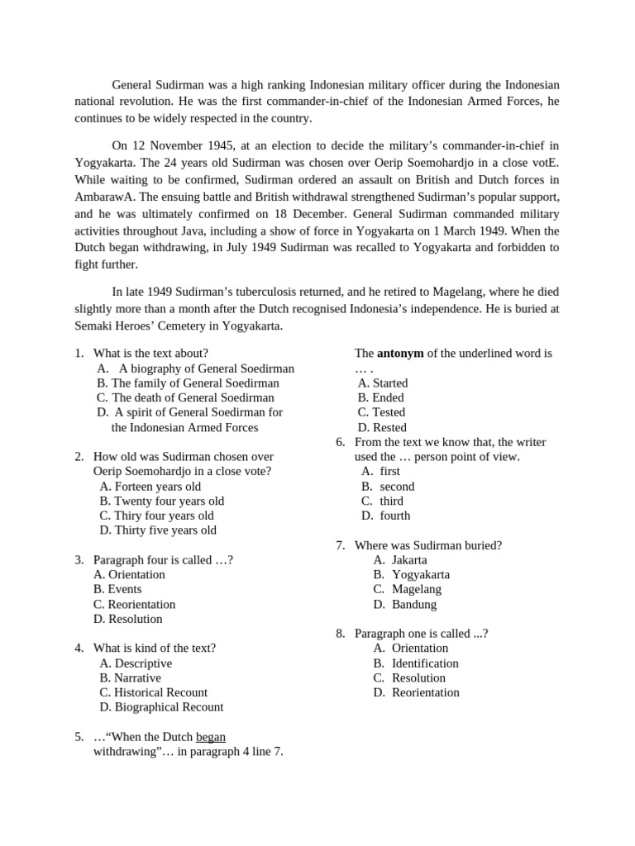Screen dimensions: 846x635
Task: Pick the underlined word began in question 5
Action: click(211, 736)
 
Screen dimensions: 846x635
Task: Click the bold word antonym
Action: click(400, 353)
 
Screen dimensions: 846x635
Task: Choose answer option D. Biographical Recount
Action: click(161, 706)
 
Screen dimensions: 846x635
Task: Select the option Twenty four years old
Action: click(162, 501)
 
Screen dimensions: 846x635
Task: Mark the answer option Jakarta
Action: click(409, 559)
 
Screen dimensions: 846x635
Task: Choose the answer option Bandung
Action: click(413, 604)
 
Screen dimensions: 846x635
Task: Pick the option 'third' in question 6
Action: click(391, 501)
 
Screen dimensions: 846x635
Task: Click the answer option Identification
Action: click(425, 663)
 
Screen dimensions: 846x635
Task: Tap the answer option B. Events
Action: click(117, 589)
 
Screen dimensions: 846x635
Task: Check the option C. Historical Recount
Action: click(153, 692)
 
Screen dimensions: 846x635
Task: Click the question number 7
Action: click(340, 545)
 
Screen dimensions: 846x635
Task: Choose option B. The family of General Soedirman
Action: click(188, 383)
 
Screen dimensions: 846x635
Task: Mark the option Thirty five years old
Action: click(158, 530)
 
